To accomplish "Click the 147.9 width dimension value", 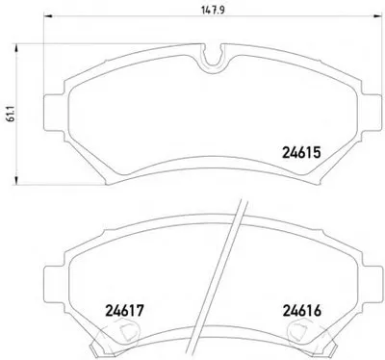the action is tap(213, 10).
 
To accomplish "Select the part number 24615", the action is tap(301, 152).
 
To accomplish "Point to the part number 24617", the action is tap(124, 311).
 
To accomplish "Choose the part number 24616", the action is tap(301, 311).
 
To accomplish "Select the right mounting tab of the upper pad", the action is tap(372, 114).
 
